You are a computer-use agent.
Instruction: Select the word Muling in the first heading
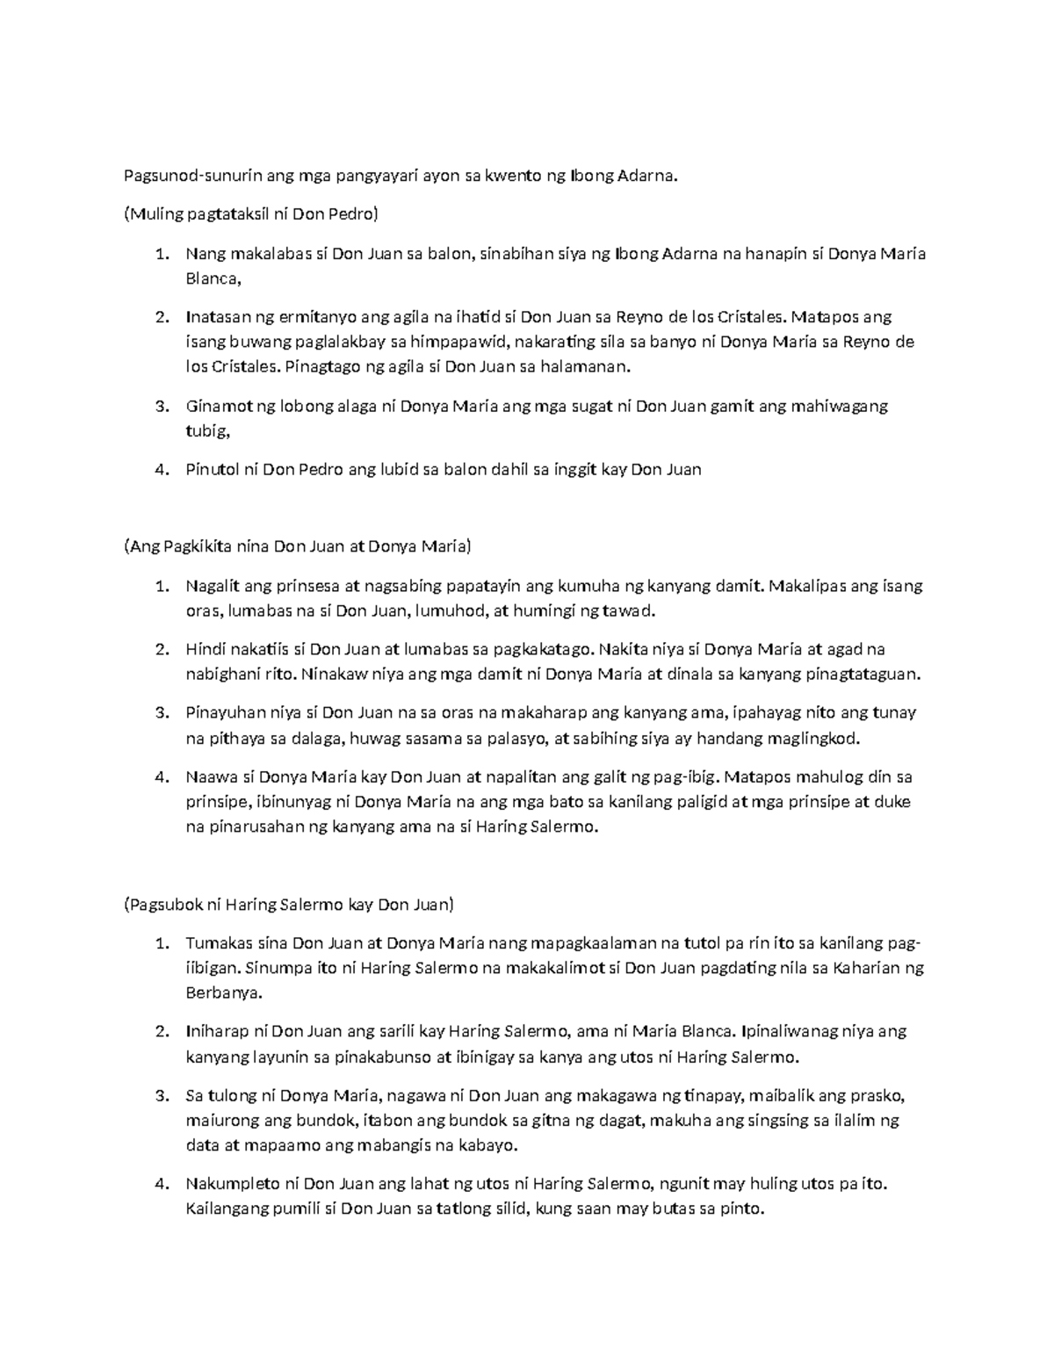coord(151,214)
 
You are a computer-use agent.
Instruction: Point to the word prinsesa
coord(308,586)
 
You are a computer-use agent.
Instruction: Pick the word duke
coord(895,802)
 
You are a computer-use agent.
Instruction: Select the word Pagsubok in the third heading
coord(164,905)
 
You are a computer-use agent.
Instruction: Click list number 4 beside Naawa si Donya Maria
coord(160,776)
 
